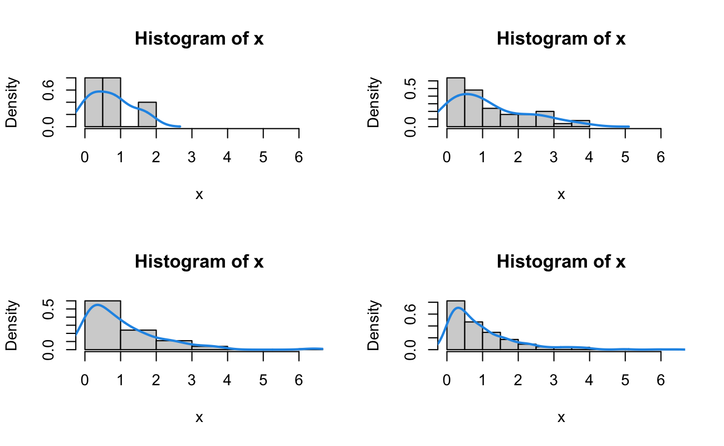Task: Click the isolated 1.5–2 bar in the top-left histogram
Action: click(147, 114)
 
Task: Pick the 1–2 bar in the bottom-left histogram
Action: click(138, 340)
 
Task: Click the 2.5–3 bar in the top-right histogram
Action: click(545, 119)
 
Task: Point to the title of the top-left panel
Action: click(199, 39)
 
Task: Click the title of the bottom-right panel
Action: click(561, 261)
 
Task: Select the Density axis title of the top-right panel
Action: click(374, 103)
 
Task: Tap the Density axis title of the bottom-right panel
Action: click(374, 326)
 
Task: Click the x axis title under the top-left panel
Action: click(199, 195)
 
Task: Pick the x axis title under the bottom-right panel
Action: click(561, 418)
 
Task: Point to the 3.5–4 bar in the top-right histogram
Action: click(580, 123)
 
